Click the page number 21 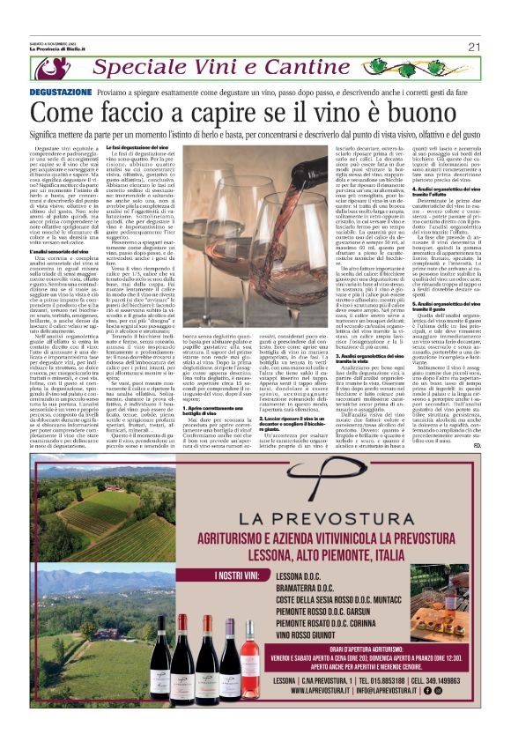coord(473,46)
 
